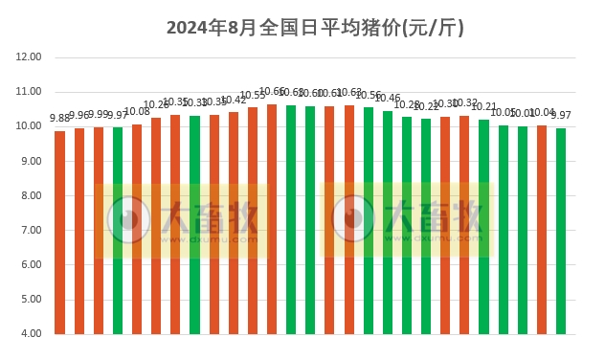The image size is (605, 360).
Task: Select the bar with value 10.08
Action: pyautogui.click(x=137, y=230)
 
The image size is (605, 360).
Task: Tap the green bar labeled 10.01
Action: pyautogui.click(x=523, y=231)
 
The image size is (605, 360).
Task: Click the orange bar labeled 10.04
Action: pyautogui.click(x=542, y=230)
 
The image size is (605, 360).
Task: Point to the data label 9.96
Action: pyautogui.click(x=79, y=116)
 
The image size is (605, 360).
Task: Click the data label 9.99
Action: pyautogui.click(x=99, y=115)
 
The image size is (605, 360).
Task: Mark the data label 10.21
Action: pyautogui.click(x=484, y=107)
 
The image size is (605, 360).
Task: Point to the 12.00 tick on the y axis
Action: pyautogui.click(x=30, y=57)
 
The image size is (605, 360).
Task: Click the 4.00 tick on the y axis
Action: pyautogui.click(x=30, y=334)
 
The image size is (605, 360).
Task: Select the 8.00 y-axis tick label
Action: pyautogui.click(x=30, y=196)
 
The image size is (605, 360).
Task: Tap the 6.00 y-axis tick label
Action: pyautogui.click(x=30, y=265)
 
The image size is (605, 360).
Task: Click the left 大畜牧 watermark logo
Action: pyautogui.click(x=183, y=220)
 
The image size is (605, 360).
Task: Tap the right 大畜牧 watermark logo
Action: pyautogui.click(x=408, y=220)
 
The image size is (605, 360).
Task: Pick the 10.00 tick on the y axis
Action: pyautogui.click(x=30, y=126)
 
